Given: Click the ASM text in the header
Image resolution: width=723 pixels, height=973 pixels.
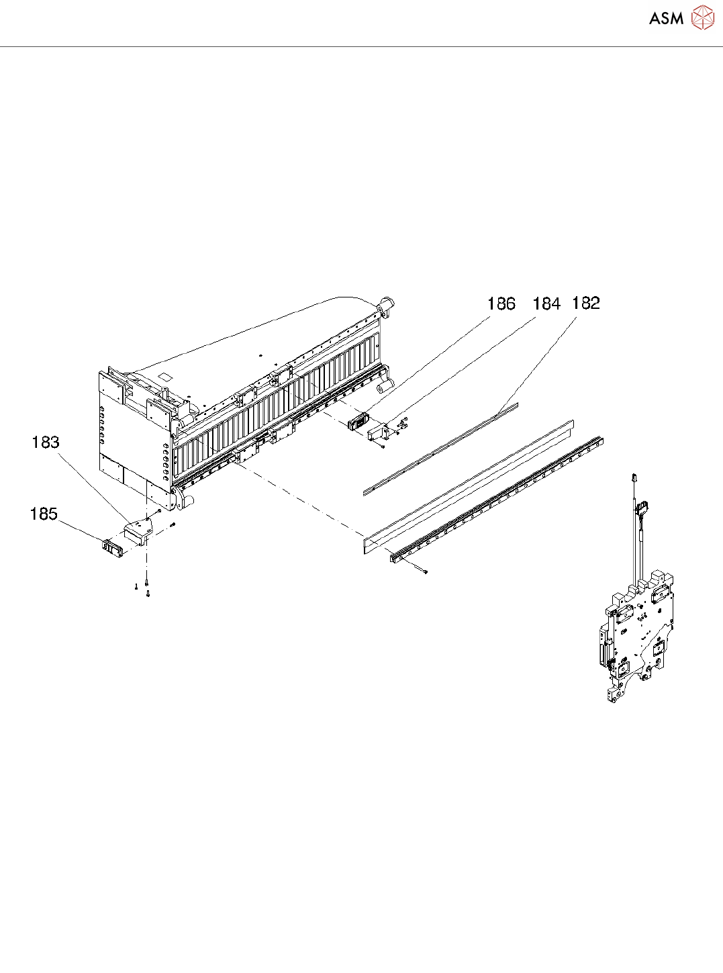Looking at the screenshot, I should click(666, 19).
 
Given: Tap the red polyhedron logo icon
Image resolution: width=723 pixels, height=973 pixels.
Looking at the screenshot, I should click(703, 18).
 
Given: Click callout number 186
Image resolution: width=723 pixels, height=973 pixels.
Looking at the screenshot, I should click(501, 304).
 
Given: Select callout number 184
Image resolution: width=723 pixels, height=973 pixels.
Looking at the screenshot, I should click(546, 304).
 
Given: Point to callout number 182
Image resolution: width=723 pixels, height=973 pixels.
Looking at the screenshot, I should click(585, 304).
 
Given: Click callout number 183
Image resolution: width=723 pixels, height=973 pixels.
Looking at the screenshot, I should click(46, 443).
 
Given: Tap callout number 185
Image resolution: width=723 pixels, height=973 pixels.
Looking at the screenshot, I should click(44, 514).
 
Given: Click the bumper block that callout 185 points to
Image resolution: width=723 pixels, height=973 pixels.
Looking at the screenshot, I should click(113, 547).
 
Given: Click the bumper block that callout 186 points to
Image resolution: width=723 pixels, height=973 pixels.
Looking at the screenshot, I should click(358, 422).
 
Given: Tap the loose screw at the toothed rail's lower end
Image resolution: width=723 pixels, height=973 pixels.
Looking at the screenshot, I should click(426, 572).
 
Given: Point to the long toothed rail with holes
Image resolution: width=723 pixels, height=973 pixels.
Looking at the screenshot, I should click(497, 498).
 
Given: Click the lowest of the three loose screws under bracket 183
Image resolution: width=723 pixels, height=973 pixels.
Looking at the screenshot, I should click(148, 594).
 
